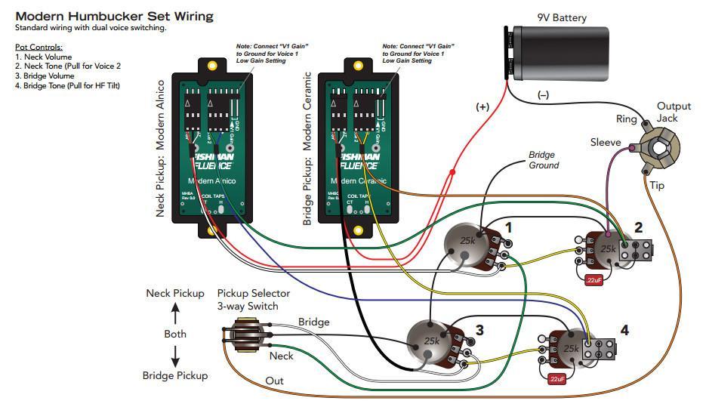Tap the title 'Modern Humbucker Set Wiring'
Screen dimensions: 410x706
click(x=114, y=16)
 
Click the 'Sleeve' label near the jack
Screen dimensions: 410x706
click(x=606, y=142)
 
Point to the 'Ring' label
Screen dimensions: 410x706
click(x=627, y=119)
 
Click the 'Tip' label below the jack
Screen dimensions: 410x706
click(x=658, y=185)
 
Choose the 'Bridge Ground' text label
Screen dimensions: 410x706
click(x=544, y=160)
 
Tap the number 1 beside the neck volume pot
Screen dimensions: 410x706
click(x=508, y=227)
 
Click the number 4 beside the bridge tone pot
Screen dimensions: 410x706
click(x=624, y=330)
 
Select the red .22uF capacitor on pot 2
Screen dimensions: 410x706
click(x=593, y=280)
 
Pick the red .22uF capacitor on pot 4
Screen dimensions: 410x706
click(x=558, y=378)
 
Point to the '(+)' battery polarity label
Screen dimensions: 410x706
click(x=482, y=107)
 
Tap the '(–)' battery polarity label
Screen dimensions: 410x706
click(x=544, y=95)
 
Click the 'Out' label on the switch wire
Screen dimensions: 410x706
click(x=274, y=381)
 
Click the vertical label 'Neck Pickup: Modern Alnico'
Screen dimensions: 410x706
click(x=160, y=148)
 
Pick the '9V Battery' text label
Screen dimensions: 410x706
click(x=562, y=17)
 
